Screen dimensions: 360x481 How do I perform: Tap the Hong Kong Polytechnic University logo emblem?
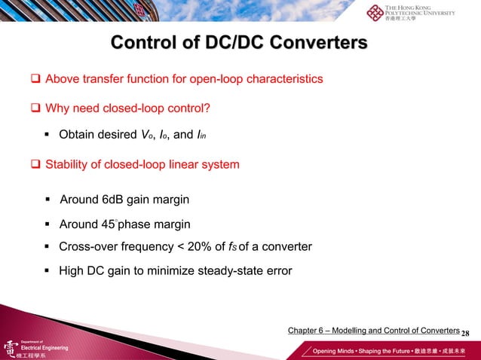[375, 13]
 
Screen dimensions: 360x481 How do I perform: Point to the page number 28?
[465, 333]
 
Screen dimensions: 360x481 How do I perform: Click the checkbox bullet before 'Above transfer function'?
[35, 79]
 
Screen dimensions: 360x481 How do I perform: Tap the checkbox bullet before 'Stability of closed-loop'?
[35, 164]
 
